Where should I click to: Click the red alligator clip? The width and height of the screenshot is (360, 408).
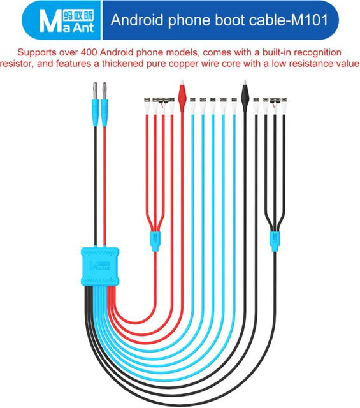182,96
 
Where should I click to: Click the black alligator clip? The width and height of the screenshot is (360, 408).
245,96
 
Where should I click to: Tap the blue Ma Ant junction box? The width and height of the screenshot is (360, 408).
100,266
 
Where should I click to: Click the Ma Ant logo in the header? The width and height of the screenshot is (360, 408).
66,21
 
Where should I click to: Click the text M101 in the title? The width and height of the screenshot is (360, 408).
309,20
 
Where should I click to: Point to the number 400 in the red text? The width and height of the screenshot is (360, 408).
89,52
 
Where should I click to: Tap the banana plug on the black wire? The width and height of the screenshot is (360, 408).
96,104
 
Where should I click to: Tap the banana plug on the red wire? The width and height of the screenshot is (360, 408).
104,104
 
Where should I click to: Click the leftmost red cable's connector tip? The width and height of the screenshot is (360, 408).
147,99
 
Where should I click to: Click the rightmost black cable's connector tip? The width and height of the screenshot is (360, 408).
284,99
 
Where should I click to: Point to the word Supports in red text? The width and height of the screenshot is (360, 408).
37,53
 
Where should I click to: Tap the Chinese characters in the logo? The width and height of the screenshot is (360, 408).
78,16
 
